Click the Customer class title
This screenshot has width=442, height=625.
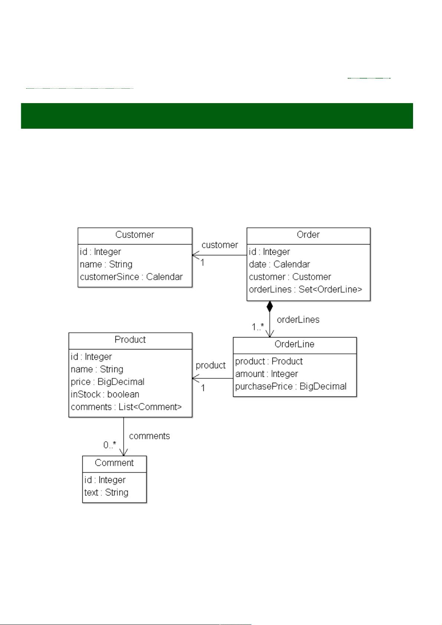[134, 235]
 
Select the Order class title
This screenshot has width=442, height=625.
[308, 235]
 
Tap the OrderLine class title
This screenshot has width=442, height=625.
[294, 344]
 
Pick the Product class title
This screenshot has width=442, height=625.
[130, 340]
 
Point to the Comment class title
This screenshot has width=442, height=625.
[114, 463]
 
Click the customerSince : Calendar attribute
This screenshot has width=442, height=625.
[131, 277]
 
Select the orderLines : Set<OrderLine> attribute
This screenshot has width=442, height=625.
[305, 290]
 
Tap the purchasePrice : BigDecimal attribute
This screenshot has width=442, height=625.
[291, 386]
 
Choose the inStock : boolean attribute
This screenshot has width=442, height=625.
[105, 394]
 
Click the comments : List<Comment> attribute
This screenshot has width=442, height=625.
[126, 407]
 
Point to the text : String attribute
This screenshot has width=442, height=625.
[106, 493]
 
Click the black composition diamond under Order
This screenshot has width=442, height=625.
[270, 306]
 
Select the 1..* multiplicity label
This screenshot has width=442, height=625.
[258, 327]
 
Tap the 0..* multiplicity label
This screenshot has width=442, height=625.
[109, 445]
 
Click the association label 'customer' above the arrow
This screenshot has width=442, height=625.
[220, 245]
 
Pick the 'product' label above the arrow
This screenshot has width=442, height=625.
[210, 365]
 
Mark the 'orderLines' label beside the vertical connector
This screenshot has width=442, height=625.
[298, 320]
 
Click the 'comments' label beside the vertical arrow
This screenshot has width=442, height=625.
[149, 436]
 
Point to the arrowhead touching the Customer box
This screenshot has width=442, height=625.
[194, 255]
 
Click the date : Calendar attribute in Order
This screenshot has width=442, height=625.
[279, 264]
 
